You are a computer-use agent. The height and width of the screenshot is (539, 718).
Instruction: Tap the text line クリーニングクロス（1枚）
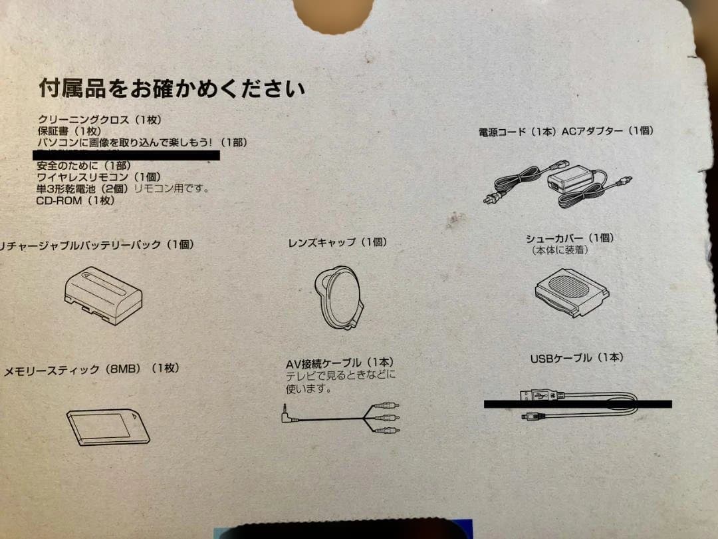100,120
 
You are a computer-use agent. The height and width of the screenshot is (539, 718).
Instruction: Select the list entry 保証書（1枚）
69,131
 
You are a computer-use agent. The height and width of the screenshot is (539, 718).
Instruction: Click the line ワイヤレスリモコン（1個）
99,177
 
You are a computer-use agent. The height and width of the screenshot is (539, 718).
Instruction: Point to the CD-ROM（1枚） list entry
76,200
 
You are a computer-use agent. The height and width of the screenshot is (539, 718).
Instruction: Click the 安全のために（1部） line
84,166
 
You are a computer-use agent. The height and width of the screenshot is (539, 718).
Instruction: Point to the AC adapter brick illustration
571,180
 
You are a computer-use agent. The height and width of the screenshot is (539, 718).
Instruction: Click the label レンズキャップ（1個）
337,243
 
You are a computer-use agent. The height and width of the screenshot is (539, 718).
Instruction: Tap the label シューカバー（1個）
570,238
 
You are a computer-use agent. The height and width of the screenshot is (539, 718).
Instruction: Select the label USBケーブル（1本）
576,358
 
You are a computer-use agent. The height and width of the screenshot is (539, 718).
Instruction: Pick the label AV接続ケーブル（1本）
340,363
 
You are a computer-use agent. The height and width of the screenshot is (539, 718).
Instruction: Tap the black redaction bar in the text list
126,155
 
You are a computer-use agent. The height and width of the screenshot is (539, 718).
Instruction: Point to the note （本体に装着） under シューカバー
560,250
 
